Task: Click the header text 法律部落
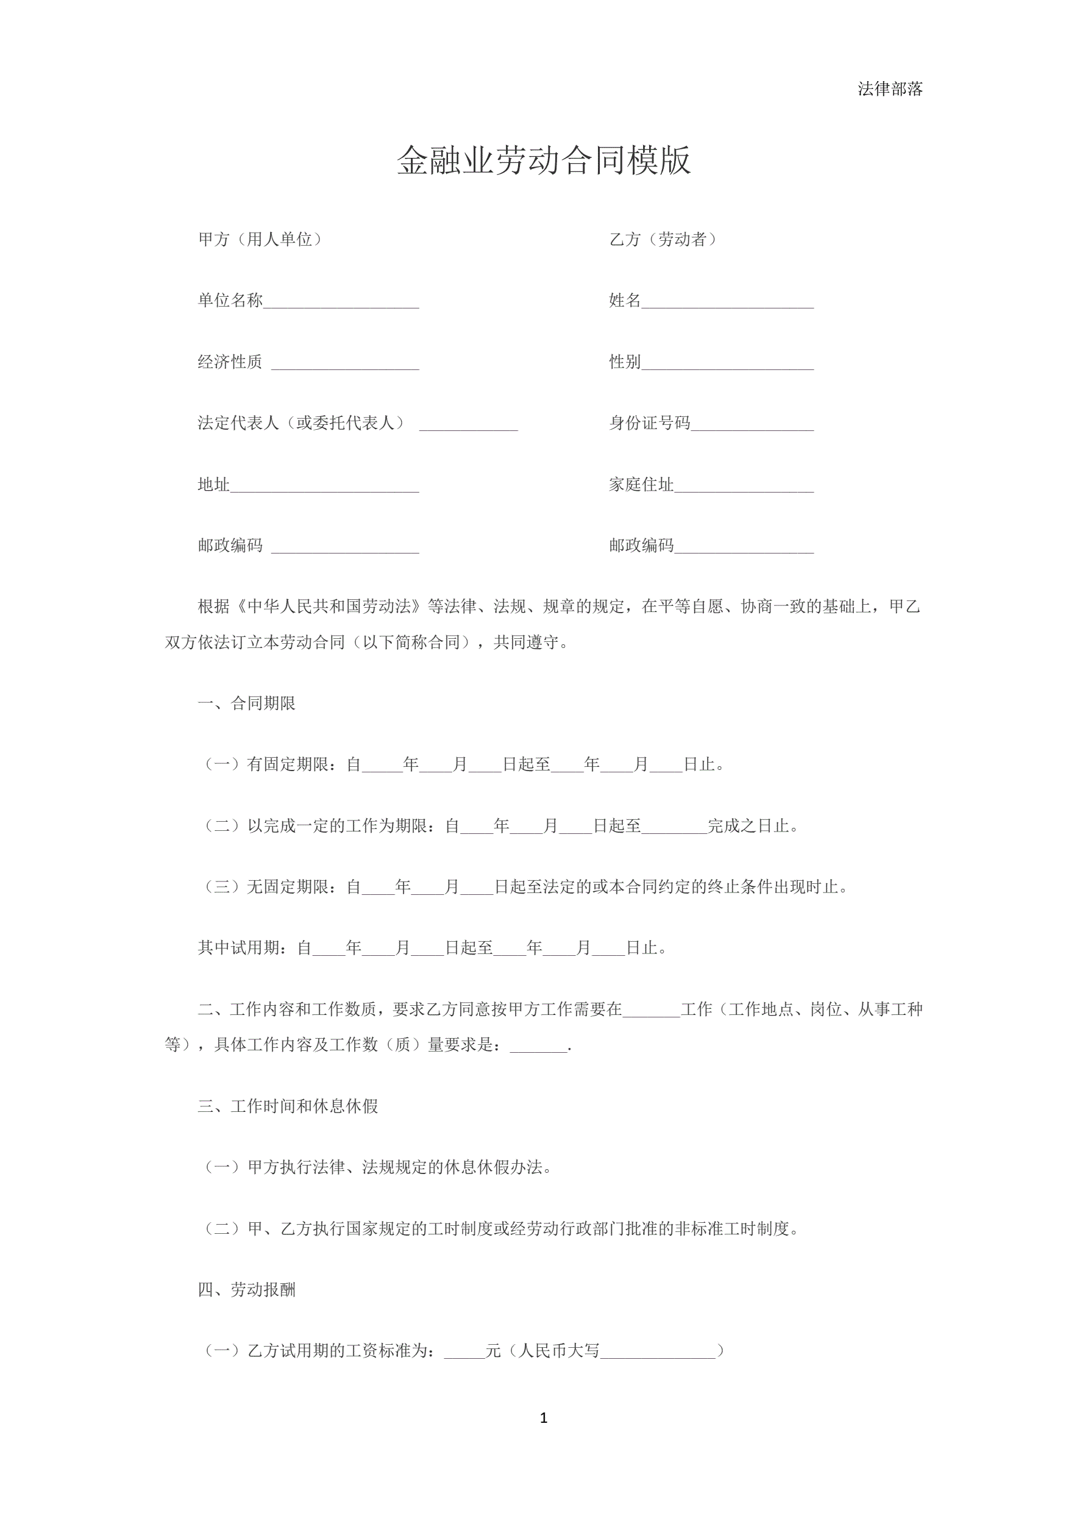(890, 89)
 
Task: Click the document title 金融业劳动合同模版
(543, 161)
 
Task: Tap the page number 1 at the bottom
(543, 1417)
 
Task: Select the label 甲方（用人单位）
(260, 239)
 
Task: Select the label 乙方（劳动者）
(663, 239)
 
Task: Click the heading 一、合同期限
(246, 703)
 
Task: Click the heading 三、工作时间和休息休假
(288, 1106)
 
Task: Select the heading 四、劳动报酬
(246, 1289)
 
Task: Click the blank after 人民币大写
(658, 1351)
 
